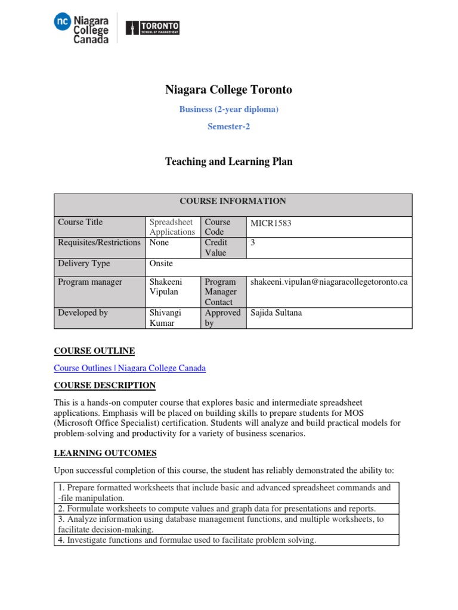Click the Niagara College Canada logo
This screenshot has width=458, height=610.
click(x=81, y=28)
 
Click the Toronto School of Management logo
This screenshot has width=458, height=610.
click(x=152, y=28)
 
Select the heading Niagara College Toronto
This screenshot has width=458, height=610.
click(x=228, y=90)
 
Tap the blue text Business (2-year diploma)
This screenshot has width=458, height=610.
click(x=228, y=110)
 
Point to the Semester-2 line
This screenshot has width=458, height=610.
click(x=228, y=126)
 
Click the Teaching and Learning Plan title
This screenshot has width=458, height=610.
click(x=228, y=161)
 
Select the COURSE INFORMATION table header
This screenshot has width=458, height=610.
click(x=233, y=201)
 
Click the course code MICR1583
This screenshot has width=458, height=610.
click(x=271, y=223)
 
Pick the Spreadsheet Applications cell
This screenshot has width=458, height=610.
click(x=172, y=227)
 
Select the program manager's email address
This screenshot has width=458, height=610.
click(x=329, y=282)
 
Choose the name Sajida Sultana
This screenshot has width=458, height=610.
click(x=276, y=313)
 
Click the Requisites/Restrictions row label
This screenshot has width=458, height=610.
click(x=99, y=243)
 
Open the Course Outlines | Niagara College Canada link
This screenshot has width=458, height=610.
click(x=129, y=368)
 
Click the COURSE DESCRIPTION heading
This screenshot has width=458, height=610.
click(x=104, y=385)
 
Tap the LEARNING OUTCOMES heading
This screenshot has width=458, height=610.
click(x=105, y=453)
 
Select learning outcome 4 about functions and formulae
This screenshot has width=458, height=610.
click(x=187, y=540)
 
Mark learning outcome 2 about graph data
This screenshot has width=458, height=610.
click(x=216, y=509)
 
